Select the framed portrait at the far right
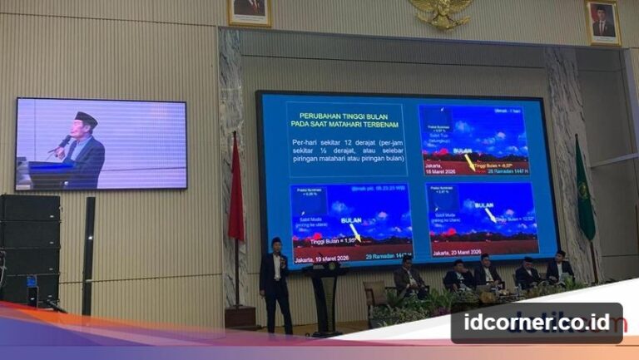[602, 22]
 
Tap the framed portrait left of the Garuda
[250, 11]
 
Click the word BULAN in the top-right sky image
[463, 151]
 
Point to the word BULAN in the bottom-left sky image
[346, 220]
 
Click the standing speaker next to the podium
[275, 284]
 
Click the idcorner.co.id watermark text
[536, 323]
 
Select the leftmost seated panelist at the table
[408, 276]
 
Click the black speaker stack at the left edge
[29, 249]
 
